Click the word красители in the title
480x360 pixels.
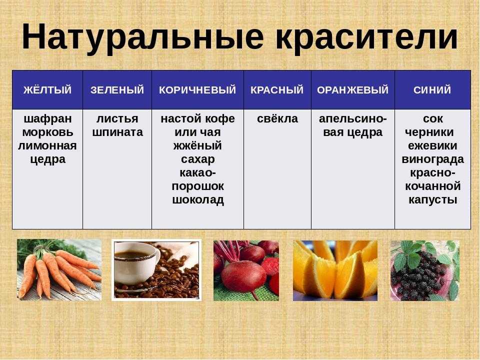pos(366,36)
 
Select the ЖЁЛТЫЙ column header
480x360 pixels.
pos(47,90)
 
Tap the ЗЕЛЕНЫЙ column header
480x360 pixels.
pos(117,90)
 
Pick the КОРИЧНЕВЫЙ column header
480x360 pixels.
pos(197,90)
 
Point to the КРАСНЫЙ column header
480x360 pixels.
pos(277,90)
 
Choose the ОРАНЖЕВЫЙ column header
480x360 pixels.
pos(352,90)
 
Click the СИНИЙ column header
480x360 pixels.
pos(432,90)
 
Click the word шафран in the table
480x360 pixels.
pos(48,119)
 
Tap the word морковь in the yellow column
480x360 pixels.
pos(48,132)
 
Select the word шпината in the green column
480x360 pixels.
pos(117,132)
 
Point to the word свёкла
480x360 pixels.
pos(277,118)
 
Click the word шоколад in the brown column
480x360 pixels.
pos(198,200)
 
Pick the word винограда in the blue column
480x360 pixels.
pos(432,159)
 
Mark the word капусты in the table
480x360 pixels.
pos(433,200)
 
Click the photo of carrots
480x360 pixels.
pos(59,269)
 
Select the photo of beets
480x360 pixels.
pos(246,270)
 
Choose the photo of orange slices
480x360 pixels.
pos(335,270)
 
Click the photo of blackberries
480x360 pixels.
pos(424,270)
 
